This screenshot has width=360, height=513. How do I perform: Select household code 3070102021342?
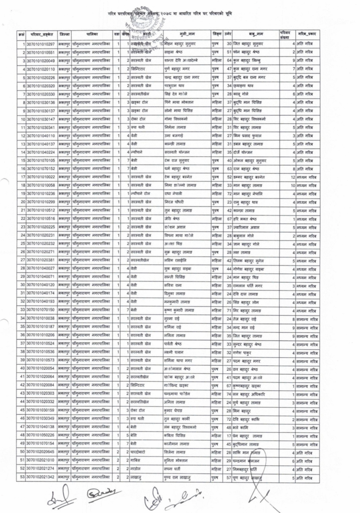pyautogui.click(x=40, y=479)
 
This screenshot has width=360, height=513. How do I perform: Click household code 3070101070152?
pyautogui.click(x=40, y=168)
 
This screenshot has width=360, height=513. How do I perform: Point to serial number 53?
pyautogui.click(x=22, y=479)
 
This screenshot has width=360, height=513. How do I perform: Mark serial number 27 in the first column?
pyautogui.click(x=22, y=260)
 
